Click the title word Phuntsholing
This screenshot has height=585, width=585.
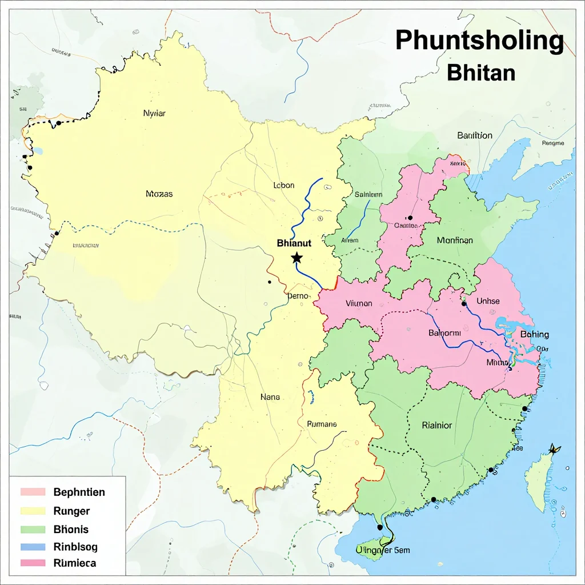pos(479,41)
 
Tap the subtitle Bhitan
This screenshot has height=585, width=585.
pos(481,73)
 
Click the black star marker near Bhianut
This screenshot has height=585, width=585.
pos(296,258)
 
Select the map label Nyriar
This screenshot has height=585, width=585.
pos(154,113)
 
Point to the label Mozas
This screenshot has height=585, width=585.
pos(159,194)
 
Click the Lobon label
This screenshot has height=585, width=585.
pos(284,185)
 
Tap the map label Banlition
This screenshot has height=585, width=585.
pos(474,135)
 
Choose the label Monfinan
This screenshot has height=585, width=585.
pos(455,241)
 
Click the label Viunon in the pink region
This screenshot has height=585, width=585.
pos(359,304)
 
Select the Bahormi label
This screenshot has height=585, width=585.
pos(444,332)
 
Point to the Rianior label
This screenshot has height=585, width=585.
pos(436,425)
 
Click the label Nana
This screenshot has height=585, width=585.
pos(270,396)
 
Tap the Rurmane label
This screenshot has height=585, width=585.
pos(322,424)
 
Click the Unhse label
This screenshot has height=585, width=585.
pos(488,301)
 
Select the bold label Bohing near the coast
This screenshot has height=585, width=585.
pos(534,334)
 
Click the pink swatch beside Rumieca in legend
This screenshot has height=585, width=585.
pos(33,563)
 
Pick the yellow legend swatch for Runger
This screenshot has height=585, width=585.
pos(33,511)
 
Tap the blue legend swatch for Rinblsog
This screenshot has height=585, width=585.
pos(33,547)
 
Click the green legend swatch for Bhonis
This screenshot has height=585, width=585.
pos(33,529)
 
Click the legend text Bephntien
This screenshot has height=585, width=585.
pos(79,492)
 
